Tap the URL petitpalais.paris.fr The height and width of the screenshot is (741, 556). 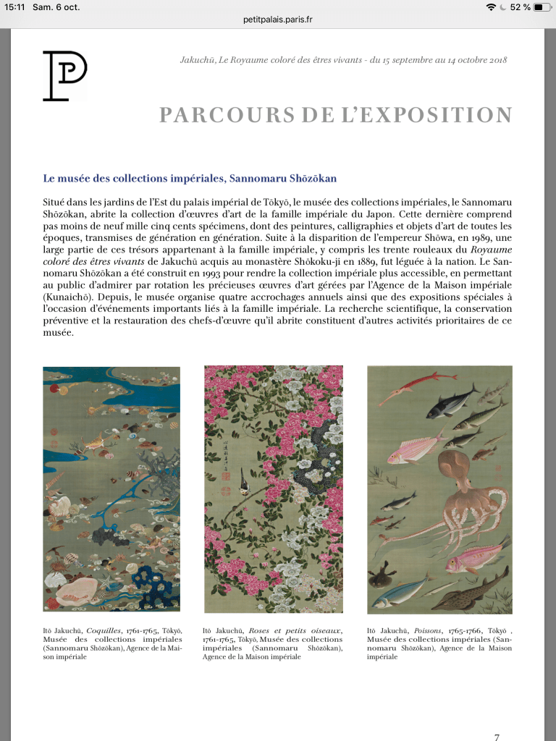278,20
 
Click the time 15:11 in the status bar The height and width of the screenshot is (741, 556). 14,7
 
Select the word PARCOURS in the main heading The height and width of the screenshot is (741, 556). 212,115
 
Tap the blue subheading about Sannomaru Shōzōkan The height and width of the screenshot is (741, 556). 190,178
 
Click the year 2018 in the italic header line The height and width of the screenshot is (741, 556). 496,60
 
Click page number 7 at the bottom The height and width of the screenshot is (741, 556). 497,737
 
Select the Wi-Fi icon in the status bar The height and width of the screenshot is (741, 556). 492,7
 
